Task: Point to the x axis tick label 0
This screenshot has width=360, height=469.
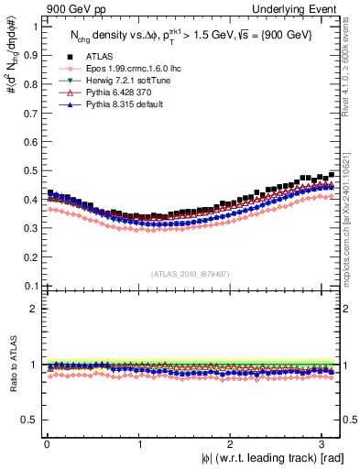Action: point(45,443)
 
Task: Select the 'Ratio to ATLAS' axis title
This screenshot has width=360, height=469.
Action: point(13,364)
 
